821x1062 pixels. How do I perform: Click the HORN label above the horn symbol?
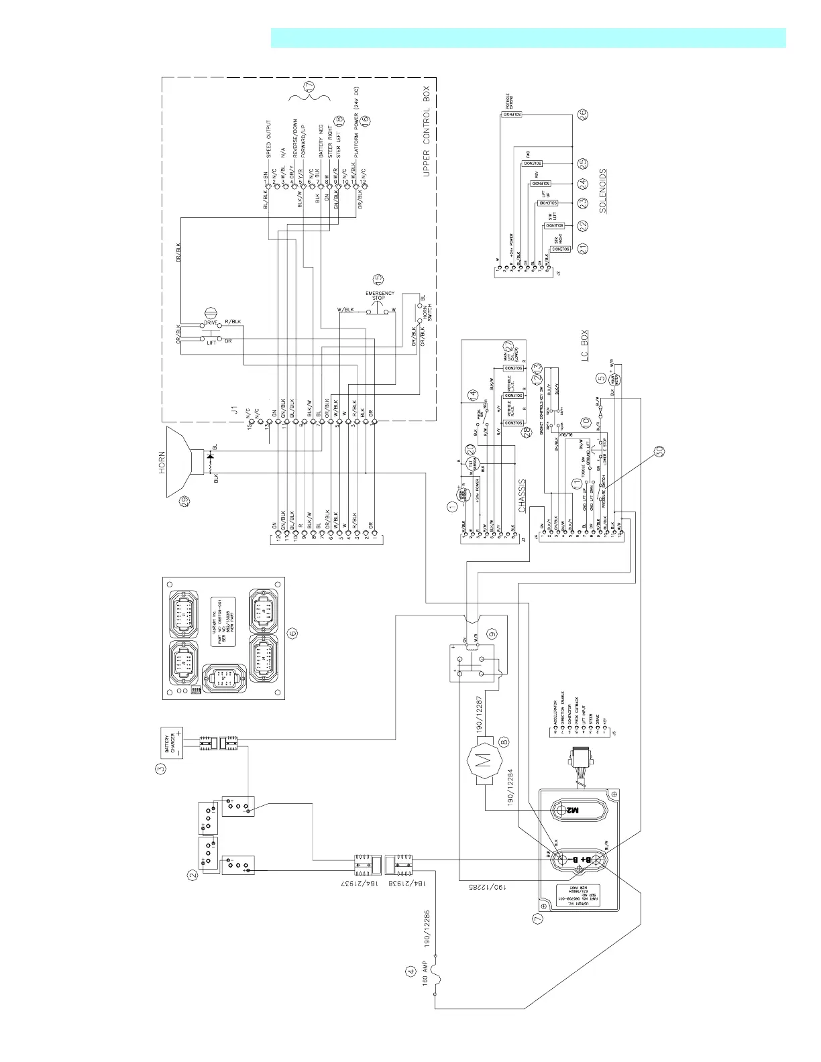coord(162,463)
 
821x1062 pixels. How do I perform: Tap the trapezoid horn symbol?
coord(179,463)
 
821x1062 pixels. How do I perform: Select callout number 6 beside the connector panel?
coord(292,632)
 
